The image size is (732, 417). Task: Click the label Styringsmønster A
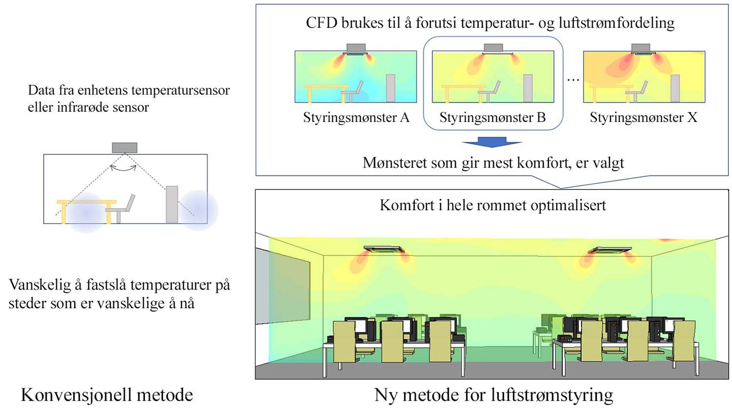pyautogui.click(x=356, y=117)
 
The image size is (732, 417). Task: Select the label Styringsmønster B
pyautogui.click(x=493, y=117)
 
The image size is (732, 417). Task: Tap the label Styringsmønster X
pyautogui.click(x=644, y=117)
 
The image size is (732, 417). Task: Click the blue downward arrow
pyautogui.click(x=492, y=142)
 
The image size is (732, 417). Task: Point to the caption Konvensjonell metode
pyautogui.click(x=107, y=395)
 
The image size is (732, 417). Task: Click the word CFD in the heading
pyautogui.click(x=322, y=23)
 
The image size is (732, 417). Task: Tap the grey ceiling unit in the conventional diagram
pyautogui.click(x=125, y=148)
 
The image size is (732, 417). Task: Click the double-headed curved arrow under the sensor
pyautogui.click(x=123, y=168)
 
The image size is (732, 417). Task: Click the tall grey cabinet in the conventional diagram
pyautogui.click(x=172, y=205)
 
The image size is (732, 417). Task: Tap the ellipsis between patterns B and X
pyautogui.click(x=573, y=80)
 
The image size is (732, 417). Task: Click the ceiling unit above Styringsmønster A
pyautogui.click(x=356, y=49)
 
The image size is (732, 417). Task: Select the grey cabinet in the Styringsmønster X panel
pyautogui.click(x=675, y=88)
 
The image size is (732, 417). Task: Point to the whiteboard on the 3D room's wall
pyautogui.click(x=283, y=286)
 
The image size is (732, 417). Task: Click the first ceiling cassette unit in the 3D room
pyautogui.click(x=384, y=249)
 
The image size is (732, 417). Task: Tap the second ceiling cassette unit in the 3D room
pyautogui.click(x=609, y=250)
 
